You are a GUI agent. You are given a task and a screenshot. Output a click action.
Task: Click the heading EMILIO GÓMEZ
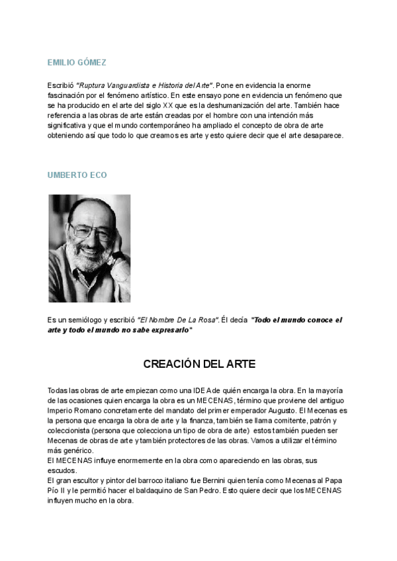click(x=77, y=63)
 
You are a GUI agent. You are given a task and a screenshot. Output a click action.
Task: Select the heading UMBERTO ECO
click(x=77, y=175)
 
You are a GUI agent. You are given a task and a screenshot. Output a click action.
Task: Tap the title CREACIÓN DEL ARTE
click(x=199, y=365)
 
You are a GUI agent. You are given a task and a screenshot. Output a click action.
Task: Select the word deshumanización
click(x=228, y=105)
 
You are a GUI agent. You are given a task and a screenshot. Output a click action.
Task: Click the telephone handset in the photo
click(x=120, y=265)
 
